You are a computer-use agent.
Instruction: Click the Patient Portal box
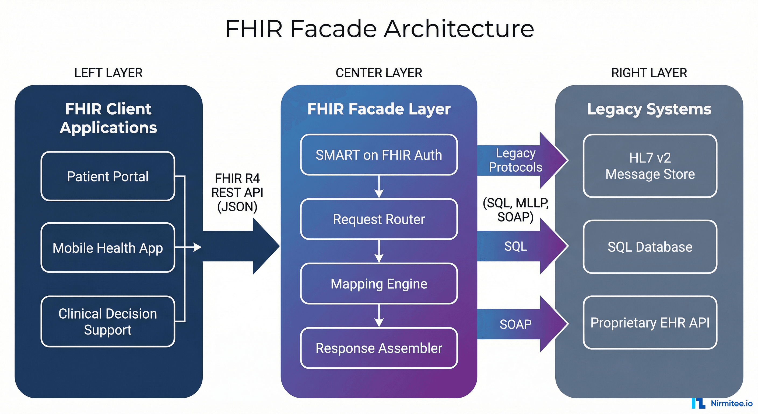108,176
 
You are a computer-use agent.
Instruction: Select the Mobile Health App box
108,247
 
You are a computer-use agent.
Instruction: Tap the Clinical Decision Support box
108,322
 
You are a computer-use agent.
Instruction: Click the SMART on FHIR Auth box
379,155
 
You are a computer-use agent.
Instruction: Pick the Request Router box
379,219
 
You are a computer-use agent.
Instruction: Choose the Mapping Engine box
379,284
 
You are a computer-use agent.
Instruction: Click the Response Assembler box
379,348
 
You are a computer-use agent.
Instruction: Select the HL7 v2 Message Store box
650,165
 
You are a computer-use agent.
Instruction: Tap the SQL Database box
650,247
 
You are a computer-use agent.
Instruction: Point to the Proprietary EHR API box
650,322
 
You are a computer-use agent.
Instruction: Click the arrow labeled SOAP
518,324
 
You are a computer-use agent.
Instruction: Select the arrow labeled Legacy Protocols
518,160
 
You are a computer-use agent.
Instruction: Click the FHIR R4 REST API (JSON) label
237,192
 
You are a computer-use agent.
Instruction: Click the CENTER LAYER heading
379,73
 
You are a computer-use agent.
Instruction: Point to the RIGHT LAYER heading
649,73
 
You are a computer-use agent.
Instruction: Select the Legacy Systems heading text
649,109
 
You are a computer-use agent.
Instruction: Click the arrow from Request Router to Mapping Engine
379,251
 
